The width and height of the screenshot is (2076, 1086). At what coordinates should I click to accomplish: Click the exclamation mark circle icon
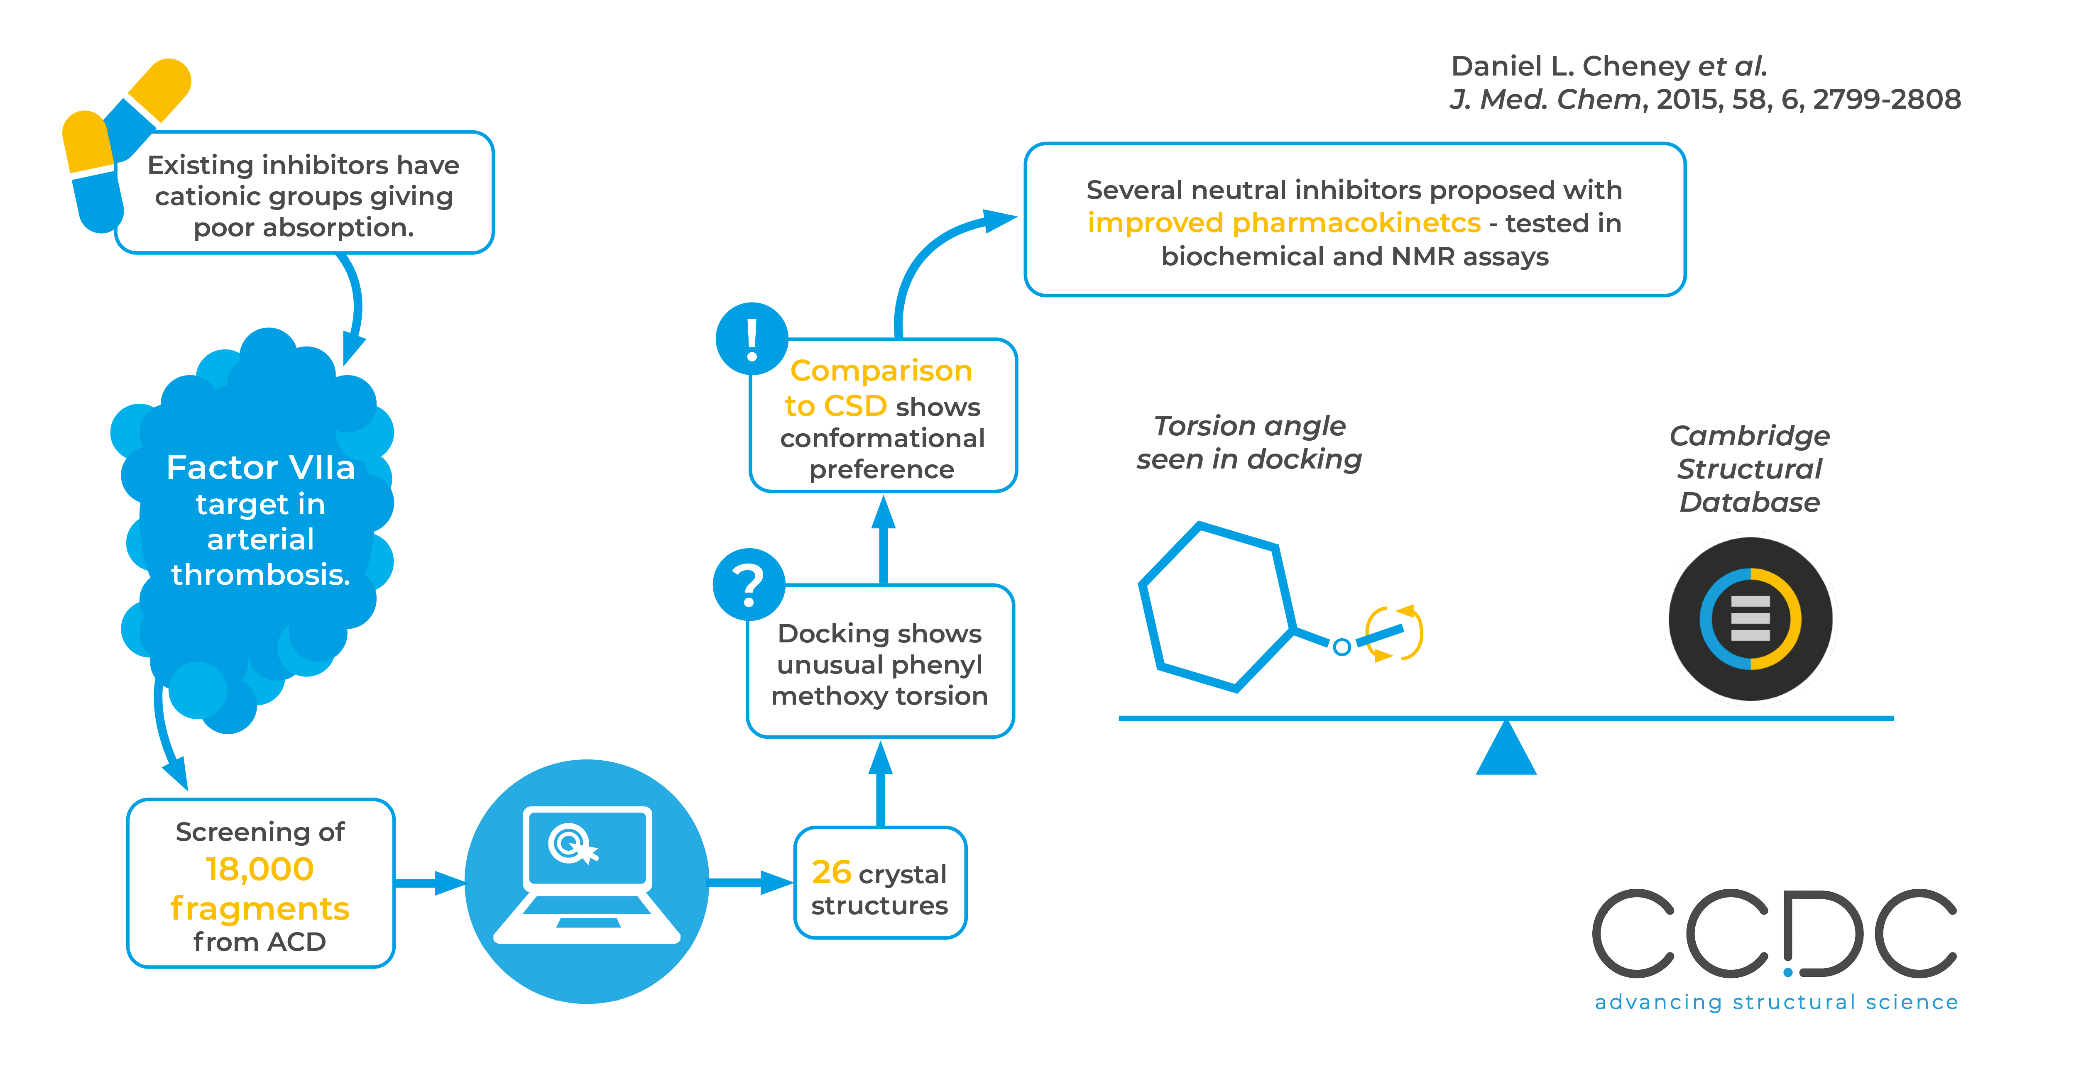(x=751, y=338)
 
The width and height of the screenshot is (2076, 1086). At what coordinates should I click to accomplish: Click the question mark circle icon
(x=749, y=585)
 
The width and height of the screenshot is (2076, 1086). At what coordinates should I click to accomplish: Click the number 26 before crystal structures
(x=831, y=873)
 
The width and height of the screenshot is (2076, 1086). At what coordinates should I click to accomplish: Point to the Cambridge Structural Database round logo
(x=1750, y=619)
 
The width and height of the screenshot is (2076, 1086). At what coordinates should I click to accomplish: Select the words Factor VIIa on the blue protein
(x=260, y=467)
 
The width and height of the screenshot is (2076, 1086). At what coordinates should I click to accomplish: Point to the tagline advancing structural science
(x=1775, y=1002)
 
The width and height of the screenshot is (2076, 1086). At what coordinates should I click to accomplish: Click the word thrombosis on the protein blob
(x=260, y=574)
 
